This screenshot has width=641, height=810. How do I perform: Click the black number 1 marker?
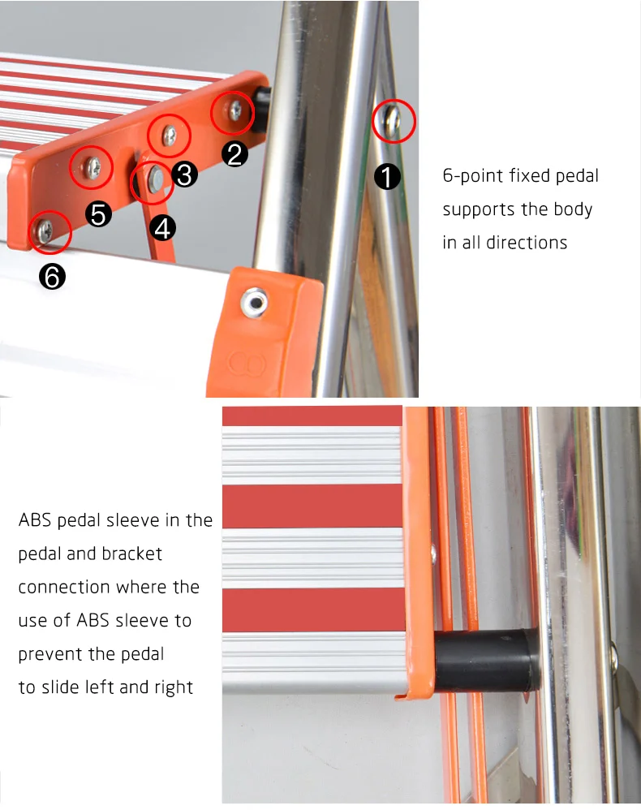[387, 177]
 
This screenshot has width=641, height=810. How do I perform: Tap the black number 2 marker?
[234, 154]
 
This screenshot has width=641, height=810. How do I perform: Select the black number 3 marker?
[184, 174]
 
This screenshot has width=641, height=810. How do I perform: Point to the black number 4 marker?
[163, 228]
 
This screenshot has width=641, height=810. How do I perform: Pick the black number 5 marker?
[98, 214]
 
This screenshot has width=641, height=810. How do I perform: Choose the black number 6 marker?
[52, 277]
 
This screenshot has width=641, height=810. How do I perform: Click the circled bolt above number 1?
[393, 121]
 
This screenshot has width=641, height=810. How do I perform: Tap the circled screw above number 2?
[235, 110]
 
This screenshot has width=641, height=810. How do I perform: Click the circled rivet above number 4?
[154, 179]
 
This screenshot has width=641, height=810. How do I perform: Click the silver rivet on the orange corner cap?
[254, 302]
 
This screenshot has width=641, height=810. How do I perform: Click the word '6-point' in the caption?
[473, 176]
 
